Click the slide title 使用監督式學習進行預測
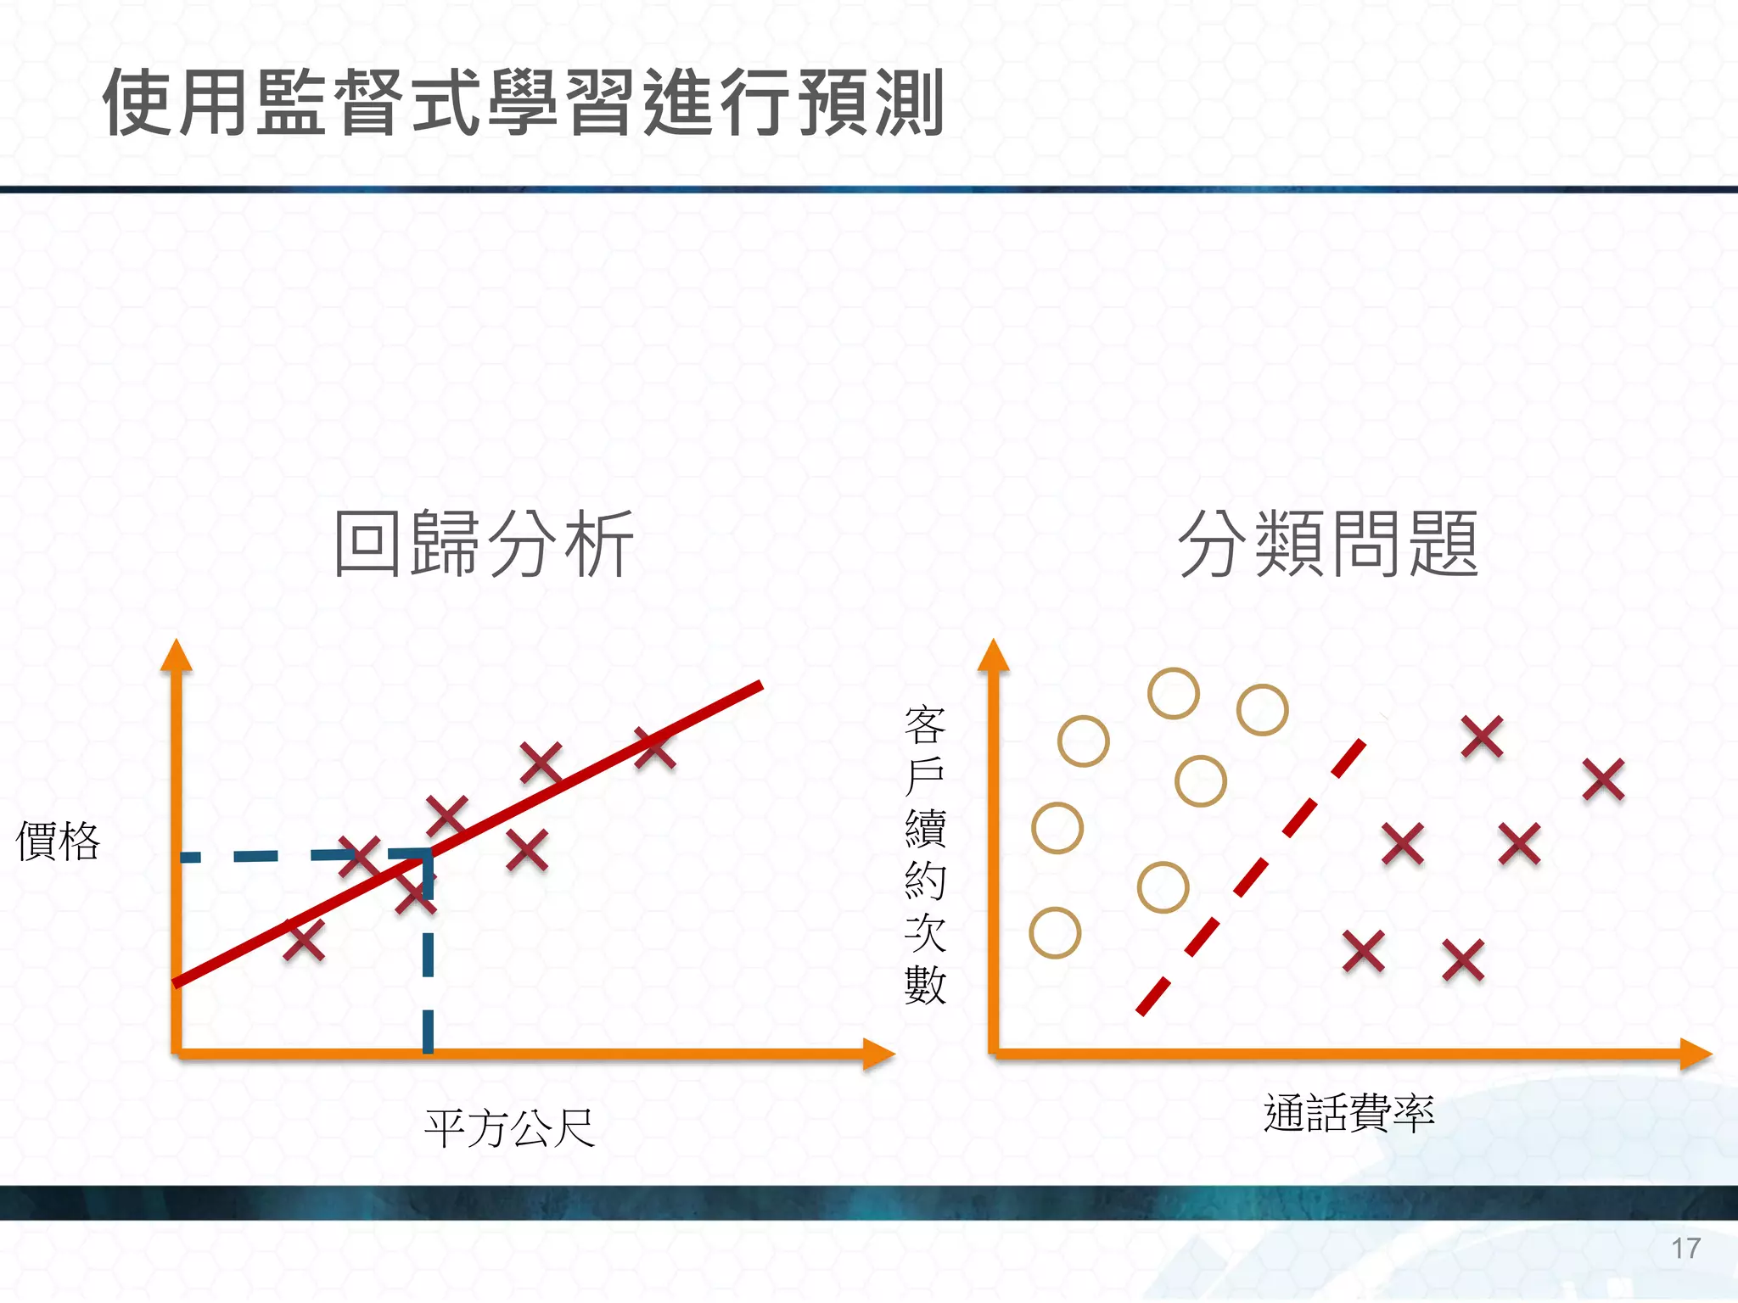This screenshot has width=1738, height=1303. tap(523, 103)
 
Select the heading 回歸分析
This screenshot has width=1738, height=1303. tap(484, 544)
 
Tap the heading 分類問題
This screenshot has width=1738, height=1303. tap(1328, 544)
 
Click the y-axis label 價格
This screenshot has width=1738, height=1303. tap(58, 842)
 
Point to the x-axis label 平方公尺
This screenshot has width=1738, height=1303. tap(509, 1128)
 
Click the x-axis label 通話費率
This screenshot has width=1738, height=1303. tap(1348, 1113)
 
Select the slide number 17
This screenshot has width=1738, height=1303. tap(1685, 1249)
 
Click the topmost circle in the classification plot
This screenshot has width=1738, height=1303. tap(1173, 693)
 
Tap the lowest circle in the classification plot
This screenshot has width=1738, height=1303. tap(1055, 933)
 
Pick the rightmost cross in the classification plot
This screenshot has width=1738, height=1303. tap(1603, 780)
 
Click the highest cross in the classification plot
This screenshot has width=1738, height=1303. tap(1482, 736)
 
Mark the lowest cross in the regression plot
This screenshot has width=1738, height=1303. tap(304, 940)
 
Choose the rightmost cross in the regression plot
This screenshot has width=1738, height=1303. tap(655, 749)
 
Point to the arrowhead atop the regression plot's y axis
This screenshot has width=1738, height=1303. tap(177, 656)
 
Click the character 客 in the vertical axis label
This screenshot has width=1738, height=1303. tap(925, 724)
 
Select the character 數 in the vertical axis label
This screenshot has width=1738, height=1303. tap(925, 986)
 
